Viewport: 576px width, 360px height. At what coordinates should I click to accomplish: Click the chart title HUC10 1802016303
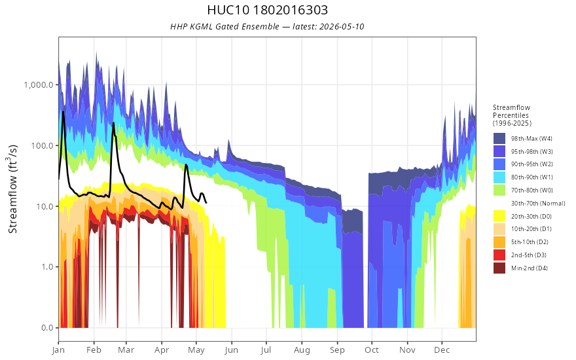pos(268,10)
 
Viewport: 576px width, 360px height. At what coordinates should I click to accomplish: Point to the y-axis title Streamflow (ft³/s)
pos(12,189)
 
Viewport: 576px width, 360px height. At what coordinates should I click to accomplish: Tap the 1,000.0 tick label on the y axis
pos(39,85)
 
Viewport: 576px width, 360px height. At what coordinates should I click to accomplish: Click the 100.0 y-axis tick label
pos(43,145)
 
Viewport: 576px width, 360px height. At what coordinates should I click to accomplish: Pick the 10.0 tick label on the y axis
pos(45,206)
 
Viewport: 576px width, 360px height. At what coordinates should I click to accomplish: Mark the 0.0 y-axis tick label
pos(47,328)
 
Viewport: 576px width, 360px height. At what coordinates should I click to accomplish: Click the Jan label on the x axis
pos(58,350)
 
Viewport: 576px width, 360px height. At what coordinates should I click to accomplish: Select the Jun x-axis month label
pos(232,350)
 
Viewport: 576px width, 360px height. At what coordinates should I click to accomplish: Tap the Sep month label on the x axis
pos(337,350)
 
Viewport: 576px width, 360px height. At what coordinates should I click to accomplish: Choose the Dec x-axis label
pos(442,350)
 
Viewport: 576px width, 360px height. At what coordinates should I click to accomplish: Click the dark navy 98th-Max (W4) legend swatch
pos(499,139)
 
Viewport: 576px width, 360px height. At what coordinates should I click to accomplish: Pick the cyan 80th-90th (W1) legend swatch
pos(499,177)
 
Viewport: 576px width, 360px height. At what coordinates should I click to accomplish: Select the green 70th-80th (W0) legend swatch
pos(499,190)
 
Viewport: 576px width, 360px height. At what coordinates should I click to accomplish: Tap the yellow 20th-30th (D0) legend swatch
pos(499,216)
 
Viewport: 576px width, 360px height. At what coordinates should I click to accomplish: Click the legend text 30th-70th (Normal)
pos(538,203)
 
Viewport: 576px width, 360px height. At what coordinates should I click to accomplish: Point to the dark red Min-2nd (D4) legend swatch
pos(499,268)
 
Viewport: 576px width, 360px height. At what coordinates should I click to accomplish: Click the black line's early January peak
pos(63,112)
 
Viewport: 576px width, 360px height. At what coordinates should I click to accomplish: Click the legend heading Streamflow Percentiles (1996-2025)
pos(512,115)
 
